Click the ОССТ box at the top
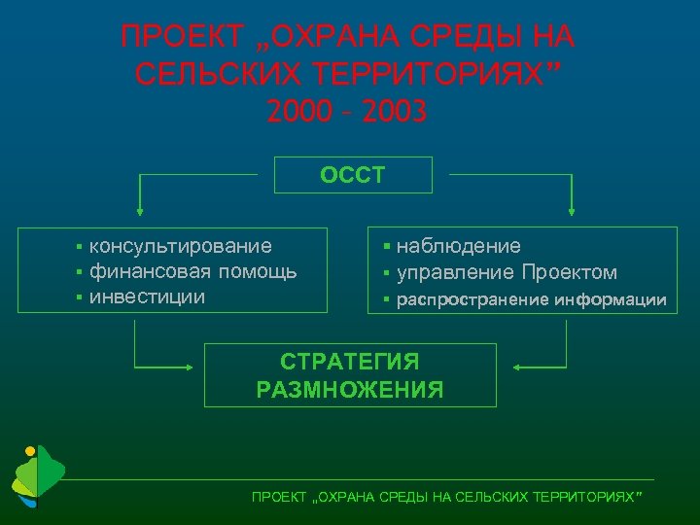[354, 176]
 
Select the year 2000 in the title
[297, 113]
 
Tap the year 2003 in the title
[394, 113]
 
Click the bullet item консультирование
[180, 247]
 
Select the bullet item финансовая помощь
[192, 271]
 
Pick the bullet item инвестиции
[147, 296]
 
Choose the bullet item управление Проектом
[507, 272]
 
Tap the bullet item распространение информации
[531, 299]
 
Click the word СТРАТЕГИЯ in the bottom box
[350, 363]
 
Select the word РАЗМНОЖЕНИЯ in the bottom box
[350, 391]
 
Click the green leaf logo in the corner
[37, 477]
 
